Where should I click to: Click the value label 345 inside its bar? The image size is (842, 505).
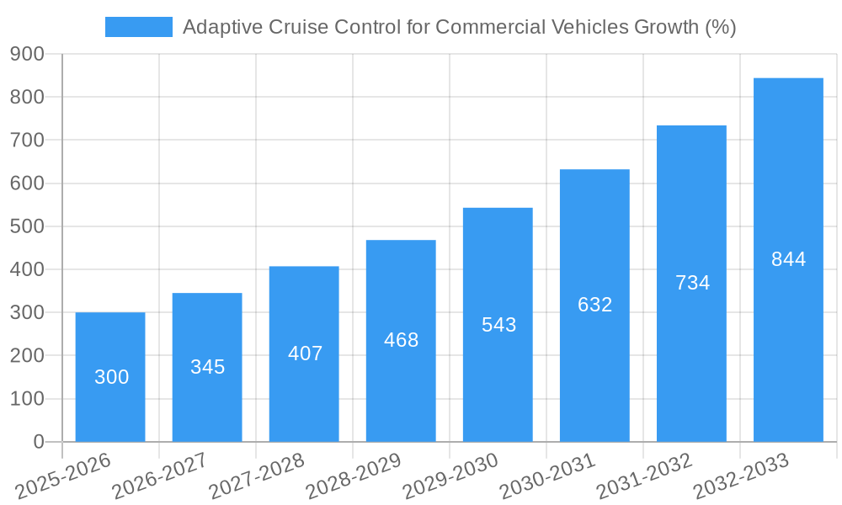coord(207,367)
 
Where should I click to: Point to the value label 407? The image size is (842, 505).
coord(305,353)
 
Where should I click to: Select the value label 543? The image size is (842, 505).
coord(498,325)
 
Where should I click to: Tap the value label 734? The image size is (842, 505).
coord(692,283)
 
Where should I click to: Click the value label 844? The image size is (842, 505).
coord(788,259)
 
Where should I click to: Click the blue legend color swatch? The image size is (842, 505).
coord(138,27)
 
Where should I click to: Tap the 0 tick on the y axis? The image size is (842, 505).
coord(38,442)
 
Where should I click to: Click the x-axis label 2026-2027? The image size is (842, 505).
coord(160,476)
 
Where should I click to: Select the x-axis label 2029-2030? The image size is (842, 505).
coord(450,476)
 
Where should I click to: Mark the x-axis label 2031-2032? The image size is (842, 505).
coord(644,476)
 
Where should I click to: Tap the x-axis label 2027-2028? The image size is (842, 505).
coord(257,476)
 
